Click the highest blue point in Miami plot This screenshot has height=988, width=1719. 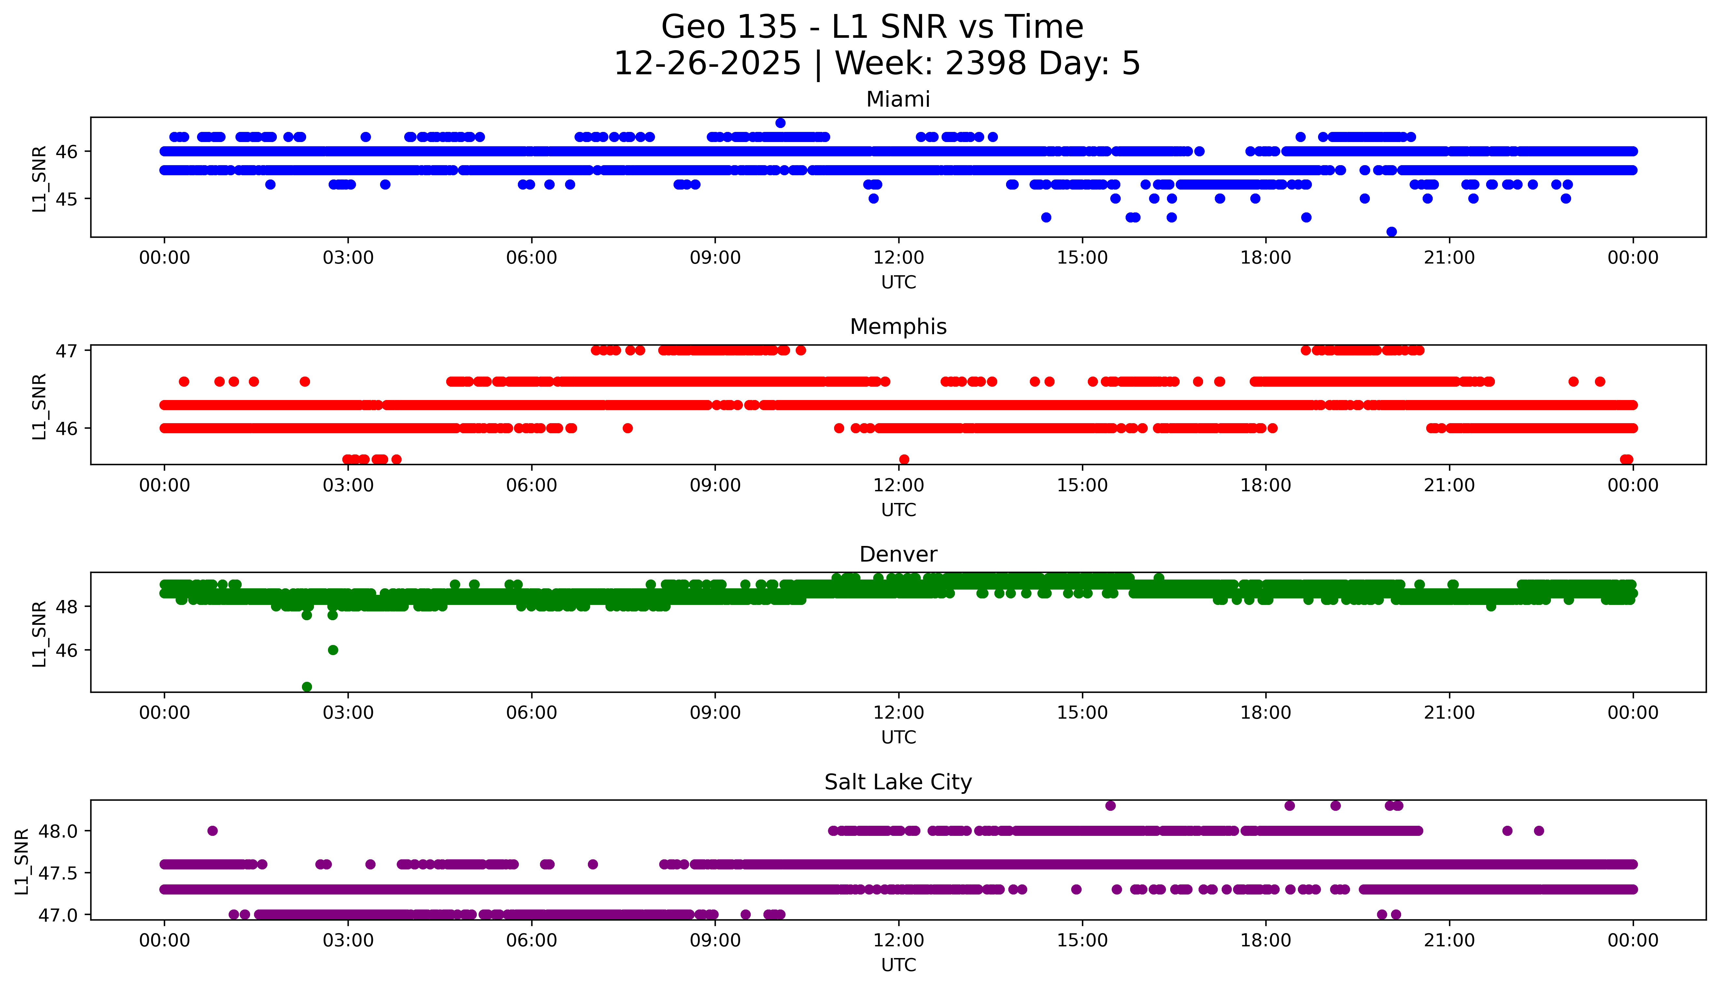(x=780, y=123)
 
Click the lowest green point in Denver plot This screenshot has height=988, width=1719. (x=306, y=687)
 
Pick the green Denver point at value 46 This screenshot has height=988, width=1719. (x=333, y=650)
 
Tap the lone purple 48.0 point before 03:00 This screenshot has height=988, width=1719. (x=212, y=831)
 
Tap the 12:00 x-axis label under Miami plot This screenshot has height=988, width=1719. (x=898, y=258)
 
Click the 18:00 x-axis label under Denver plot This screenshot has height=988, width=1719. (x=1265, y=713)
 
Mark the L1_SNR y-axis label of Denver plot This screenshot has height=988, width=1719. (x=39, y=633)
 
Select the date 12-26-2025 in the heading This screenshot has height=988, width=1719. (x=707, y=64)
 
